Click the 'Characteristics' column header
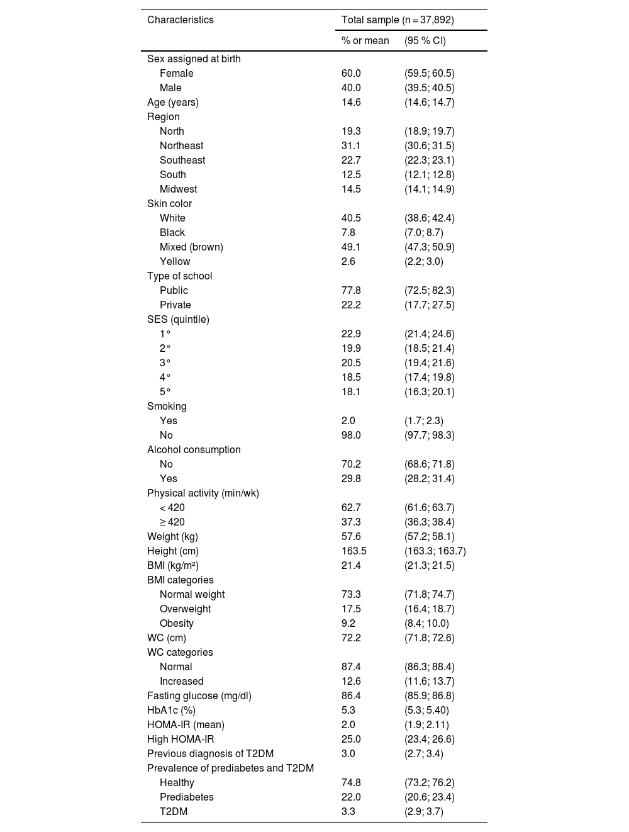(180, 20)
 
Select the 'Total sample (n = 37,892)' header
(398, 20)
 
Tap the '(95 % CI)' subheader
(425, 40)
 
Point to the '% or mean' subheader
(365, 40)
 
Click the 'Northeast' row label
(181, 145)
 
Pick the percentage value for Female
(351, 73)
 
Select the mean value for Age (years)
(351, 102)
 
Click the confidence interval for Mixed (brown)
(430, 247)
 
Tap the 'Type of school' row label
(179, 276)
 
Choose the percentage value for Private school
(351, 305)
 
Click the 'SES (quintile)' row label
(178, 319)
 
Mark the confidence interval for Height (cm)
(435, 551)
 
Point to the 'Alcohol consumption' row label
(194, 449)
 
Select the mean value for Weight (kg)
(351, 536)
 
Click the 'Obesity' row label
(176, 623)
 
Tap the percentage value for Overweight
(351, 609)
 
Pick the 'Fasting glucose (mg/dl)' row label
(199, 695)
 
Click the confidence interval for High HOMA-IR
(430, 739)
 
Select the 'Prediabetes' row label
(186, 797)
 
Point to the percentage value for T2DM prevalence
(348, 811)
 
